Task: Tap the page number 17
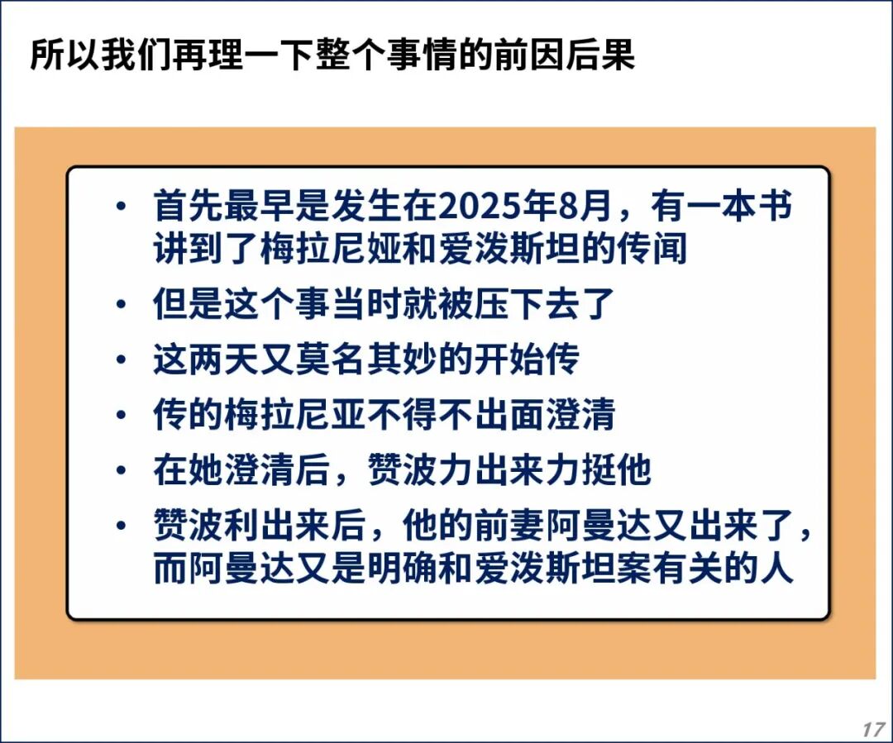pos(872,729)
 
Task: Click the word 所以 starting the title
pos(65,55)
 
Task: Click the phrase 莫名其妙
pos(366,360)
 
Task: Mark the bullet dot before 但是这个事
pos(121,305)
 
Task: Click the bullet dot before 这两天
pos(121,360)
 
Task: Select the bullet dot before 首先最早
pos(121,206)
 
